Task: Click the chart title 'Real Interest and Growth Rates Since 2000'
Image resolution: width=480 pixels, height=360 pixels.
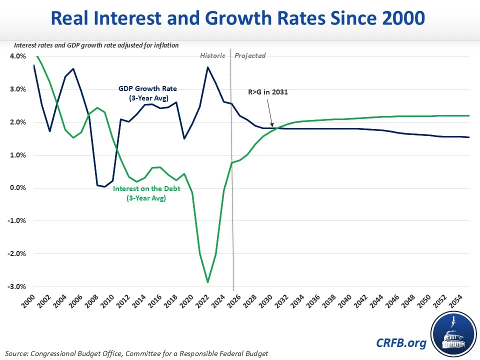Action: tap(239, 18)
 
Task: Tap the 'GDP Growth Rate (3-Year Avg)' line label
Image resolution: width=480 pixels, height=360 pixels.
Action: tap(147, 93)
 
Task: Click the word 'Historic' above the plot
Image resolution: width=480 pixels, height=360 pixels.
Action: tap(213, 55)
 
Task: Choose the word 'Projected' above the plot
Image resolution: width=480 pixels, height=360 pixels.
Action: tap(250, 55)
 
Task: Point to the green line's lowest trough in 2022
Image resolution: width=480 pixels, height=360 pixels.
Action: tap(207, 282)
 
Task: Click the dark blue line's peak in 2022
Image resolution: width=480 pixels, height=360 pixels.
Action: tap(207, 67)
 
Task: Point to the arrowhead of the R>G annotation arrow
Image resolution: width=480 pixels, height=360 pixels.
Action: tap(272, 126)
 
